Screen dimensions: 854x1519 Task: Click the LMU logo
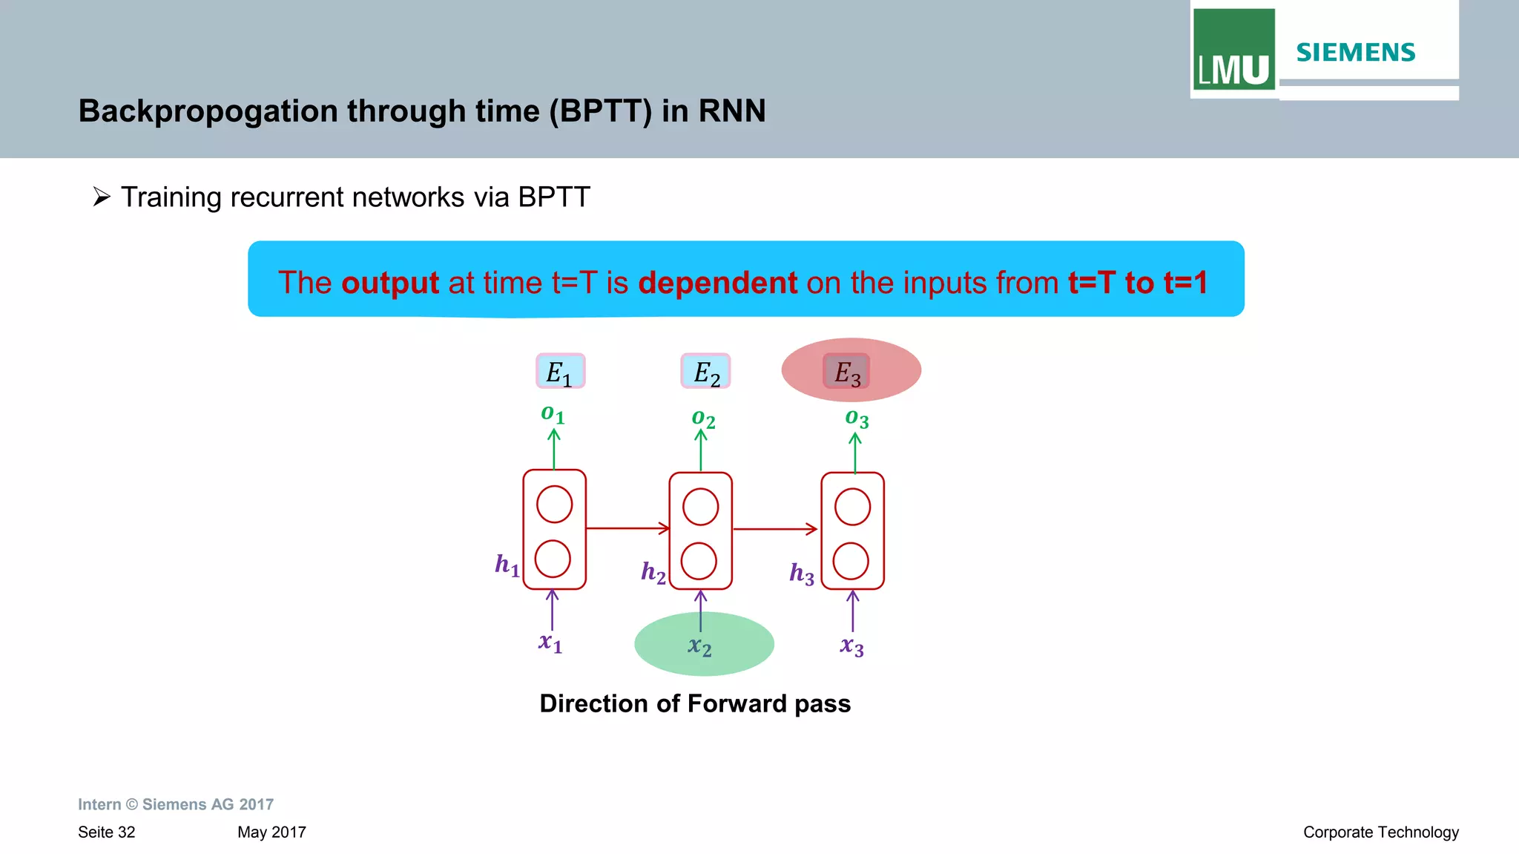[1233, 50]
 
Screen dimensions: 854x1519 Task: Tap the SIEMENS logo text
[1355, 53]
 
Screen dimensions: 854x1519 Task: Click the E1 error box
[560, 371]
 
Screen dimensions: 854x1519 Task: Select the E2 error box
[705, 371]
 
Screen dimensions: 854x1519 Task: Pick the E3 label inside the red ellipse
[846, 372]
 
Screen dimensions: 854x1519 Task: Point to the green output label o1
[553, 414]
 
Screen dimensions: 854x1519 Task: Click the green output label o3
[857, 418]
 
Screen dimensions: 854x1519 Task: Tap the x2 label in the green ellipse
[699, 646]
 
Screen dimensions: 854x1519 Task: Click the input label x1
[550, 642]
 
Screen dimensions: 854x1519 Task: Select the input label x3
[851, 646]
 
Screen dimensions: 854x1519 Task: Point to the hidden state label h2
[653, 572]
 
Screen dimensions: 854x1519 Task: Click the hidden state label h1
[507, 565]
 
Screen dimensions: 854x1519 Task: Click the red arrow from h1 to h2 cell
[627, 528]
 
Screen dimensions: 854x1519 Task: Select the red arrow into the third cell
[775, 529]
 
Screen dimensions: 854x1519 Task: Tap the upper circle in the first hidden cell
[554, 505]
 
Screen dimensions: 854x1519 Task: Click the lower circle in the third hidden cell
[851, 561]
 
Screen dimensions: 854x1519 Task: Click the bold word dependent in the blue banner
[717, 283]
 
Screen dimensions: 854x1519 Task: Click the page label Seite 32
[107, 832]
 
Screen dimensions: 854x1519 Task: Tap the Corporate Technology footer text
[1380, 832]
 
